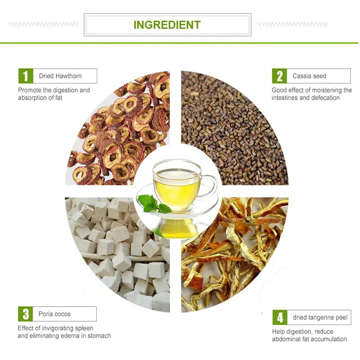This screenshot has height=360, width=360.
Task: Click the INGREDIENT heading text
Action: pos(167,24)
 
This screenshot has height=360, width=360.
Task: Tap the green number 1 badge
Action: pos(25,76)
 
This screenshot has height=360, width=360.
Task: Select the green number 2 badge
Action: pos(279,76)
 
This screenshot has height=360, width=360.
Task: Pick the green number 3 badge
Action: pos(25,314)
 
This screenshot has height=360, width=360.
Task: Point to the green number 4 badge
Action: pos(280,317)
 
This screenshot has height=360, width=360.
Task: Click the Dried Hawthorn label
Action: pos(60,76)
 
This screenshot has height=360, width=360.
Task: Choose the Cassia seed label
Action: pos(309,76)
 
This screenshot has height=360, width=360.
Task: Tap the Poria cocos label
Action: pos(54,314)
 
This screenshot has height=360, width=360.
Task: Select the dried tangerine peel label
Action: pos(320,317)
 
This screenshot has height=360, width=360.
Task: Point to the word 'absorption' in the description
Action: pos(32,98)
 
